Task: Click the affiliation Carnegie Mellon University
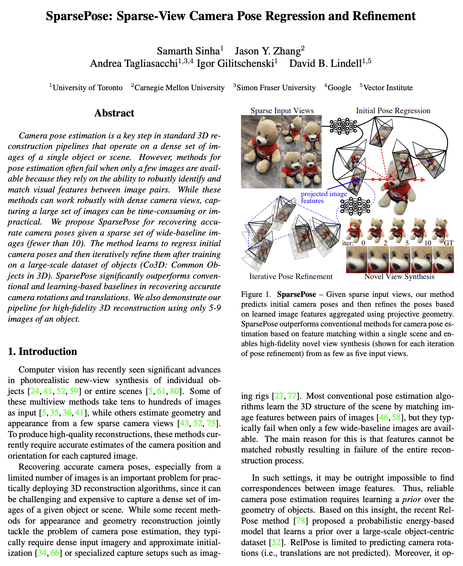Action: pyautogui.click(x=179, y=88)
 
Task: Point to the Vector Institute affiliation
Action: pyautogui.click(x=388, y=88)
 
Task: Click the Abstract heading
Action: pyautogui.click(x=114, y=113)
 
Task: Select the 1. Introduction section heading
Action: pyautogui.click(x=42, y=351)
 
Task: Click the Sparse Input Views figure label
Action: pyautogui.click(x=282, y=111)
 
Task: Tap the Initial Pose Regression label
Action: pyautogui.click(x=393, y=111)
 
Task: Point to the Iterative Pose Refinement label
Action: pyautogui.click(x=291, y=276)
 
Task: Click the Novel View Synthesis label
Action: pyautogui.click(x=399, y=276)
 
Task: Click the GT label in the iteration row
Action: pyautogui.click(x=448, y=243)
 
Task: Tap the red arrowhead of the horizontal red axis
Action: pyautogui.click(x=422, y=180)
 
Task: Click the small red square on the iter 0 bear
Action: pyautogui.click(x=353, y=226)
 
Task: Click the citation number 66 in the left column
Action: pyautogui.click(x=55, y=553)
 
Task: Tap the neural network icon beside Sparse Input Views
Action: pyautogui.click(x=343, y=126)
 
